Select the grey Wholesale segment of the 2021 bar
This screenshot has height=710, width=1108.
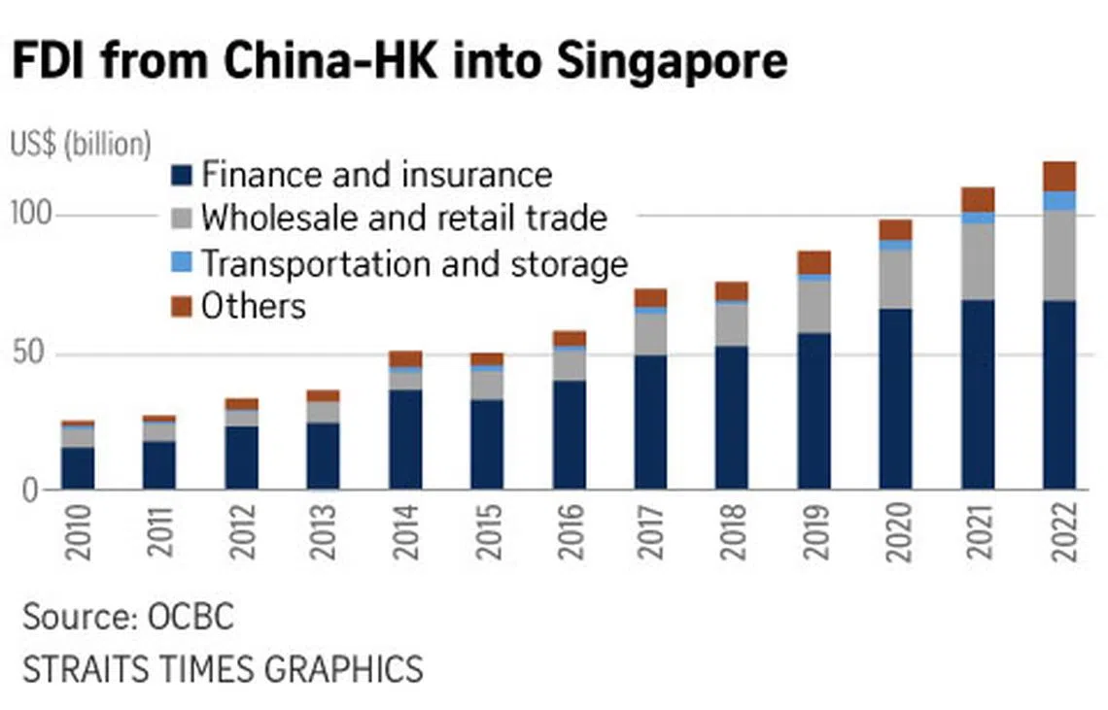pyautogui.click(x=978, y=261)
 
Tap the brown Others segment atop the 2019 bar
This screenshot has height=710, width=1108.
pyautogui.click(x=814, y=262)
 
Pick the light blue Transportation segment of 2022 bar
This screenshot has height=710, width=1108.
pyautogui.click(x=1059, y=200)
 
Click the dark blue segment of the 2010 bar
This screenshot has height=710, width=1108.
pyautogui.click(x=78, y=467)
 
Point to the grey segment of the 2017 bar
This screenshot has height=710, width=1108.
pyautogui.click(x=651, y=334)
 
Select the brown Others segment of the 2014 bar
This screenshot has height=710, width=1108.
pyautogui.click(x=405, y=358)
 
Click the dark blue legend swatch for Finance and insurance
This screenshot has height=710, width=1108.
pyautogui.click(x=182, y=176)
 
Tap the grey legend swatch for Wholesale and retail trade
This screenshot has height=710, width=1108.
pyautogui.click(x=182, y=218)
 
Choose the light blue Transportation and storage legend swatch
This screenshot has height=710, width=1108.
pyautogui.click(x=182, y=262)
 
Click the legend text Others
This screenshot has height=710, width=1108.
pyautogui.click(x=253, y=307)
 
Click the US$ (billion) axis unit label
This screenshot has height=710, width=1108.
pyautogui.click(x=82, y=144)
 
